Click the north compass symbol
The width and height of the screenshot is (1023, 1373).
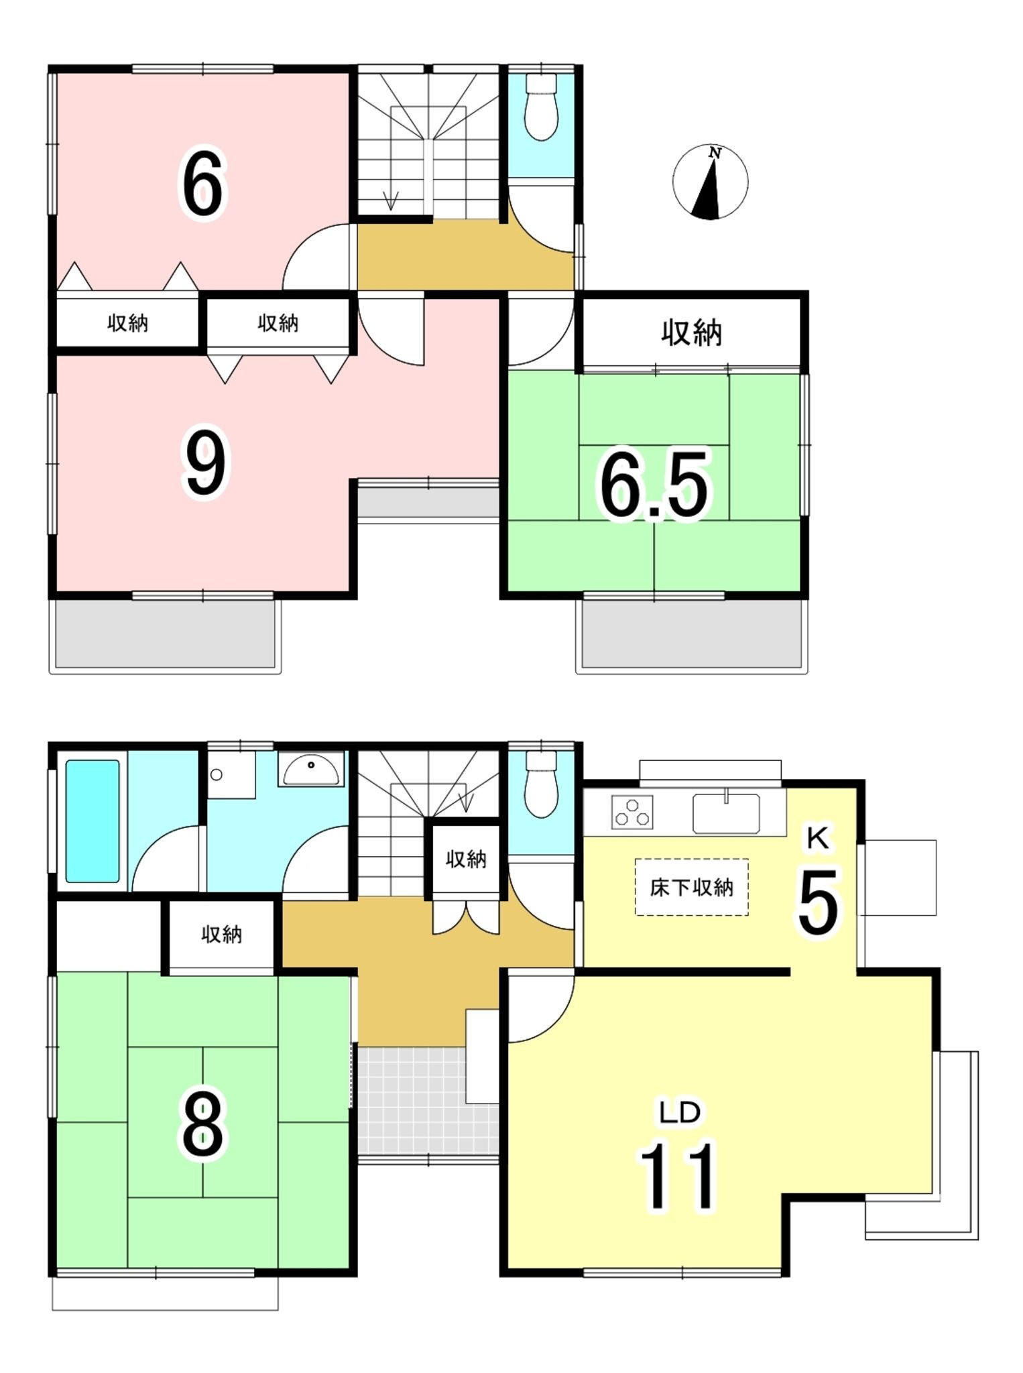[710, 182]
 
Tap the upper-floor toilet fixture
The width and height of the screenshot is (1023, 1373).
[541, 107]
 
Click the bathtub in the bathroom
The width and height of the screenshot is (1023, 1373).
[93, 821]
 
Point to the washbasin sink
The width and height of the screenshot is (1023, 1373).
[311, 770]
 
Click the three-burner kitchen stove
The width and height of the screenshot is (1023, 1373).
[631, 811]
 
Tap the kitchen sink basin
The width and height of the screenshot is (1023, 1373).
[726, 813]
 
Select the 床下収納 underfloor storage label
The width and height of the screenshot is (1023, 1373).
[691, 888]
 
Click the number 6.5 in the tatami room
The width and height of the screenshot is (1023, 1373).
[653, 485]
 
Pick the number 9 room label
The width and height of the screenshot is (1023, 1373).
[205, 463]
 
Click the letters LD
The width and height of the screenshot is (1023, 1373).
[680, 1112]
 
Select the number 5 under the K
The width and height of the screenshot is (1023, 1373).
[818, 902]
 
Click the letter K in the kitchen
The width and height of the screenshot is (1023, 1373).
[818, 838]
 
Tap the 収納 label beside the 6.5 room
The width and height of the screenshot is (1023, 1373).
[691, 333]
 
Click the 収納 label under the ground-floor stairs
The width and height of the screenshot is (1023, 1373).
[466, 859]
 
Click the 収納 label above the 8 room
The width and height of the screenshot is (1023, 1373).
[221, 935]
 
